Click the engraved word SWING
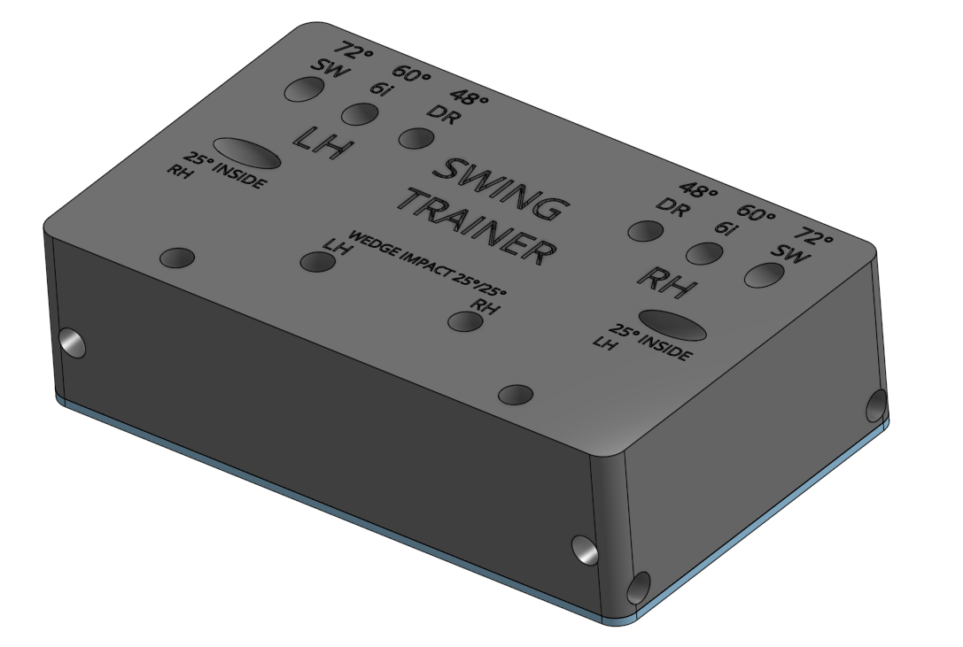(x=499, y=188)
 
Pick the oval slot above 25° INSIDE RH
(x=248, y=152)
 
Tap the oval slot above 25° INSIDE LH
(x=672, y=325)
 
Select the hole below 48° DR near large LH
(x=417, y=137)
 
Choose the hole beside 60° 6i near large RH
(x=704, y=253)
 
